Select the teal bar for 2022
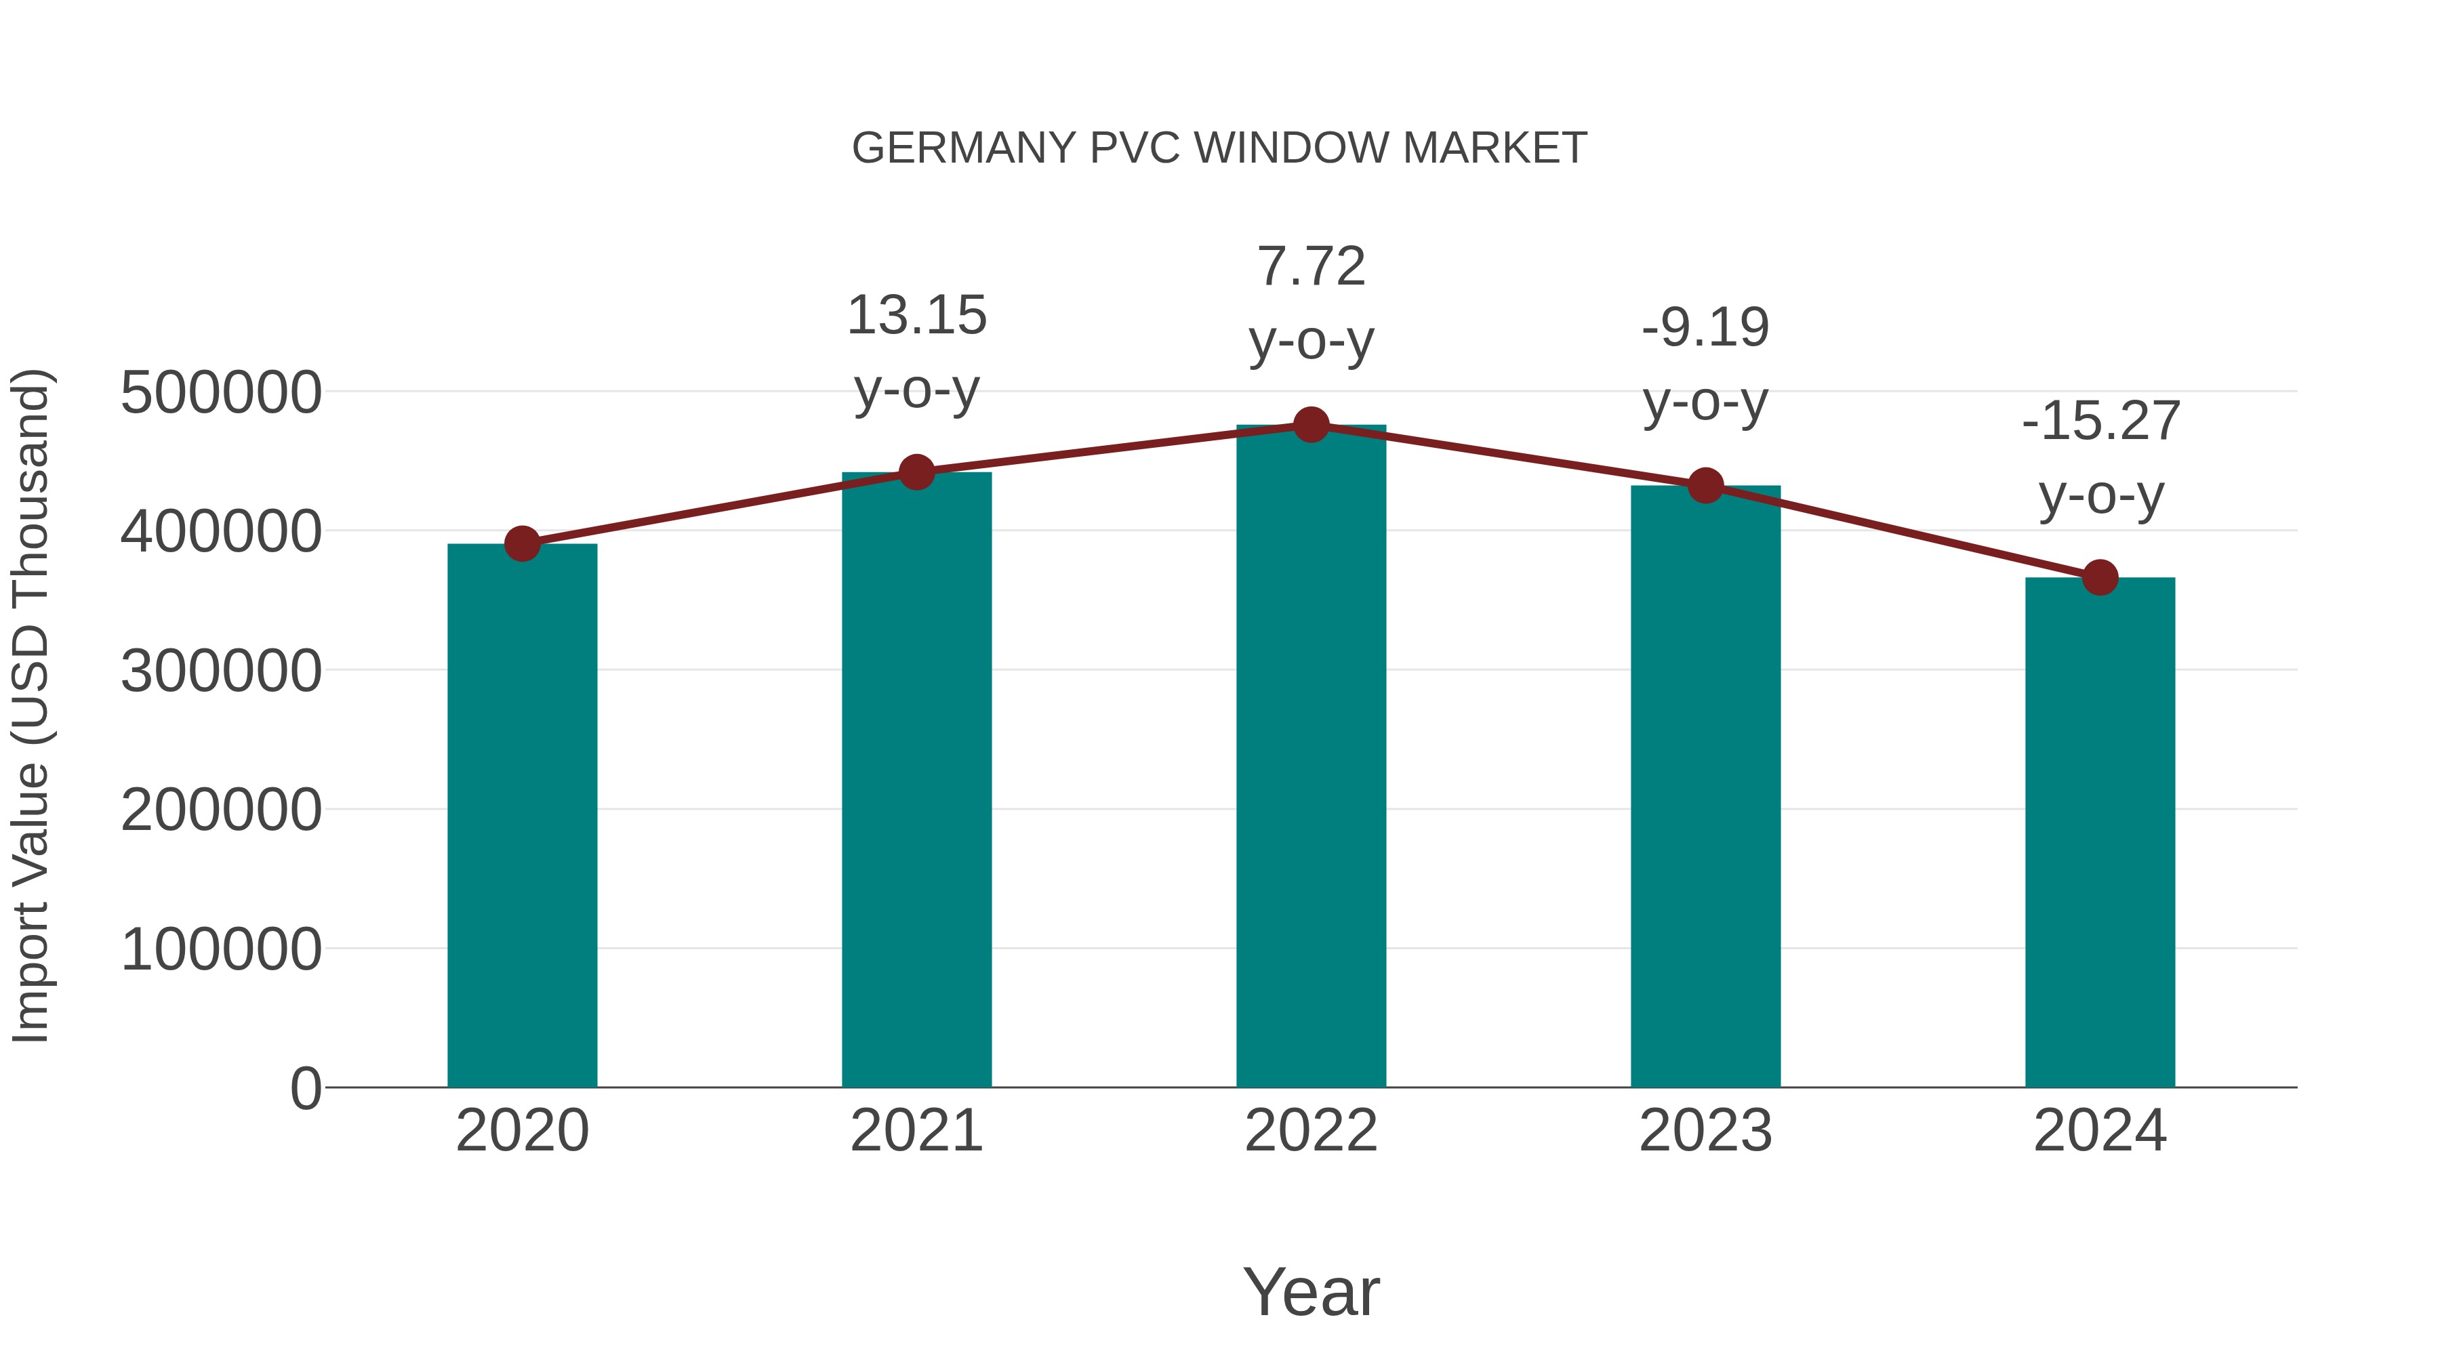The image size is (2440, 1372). pos(1311,757)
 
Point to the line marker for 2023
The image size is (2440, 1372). pos(1705,486)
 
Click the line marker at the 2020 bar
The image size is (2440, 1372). pos(522,543)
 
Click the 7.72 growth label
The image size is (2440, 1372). pos(1311,303)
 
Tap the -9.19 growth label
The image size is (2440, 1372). pos(1705,365)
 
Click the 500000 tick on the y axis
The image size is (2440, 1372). pos(221,392)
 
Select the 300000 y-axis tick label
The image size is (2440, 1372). pos(221,671)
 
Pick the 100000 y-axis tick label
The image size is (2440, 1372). pos(221,950)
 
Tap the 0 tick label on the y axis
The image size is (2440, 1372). pos(306,1089)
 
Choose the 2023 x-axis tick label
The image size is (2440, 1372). pos(1705,1131)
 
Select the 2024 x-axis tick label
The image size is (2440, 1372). pos(2100,1131)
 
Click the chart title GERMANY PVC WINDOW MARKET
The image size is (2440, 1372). pos(1219,148)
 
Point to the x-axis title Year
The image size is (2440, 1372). pos(1311,1291)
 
